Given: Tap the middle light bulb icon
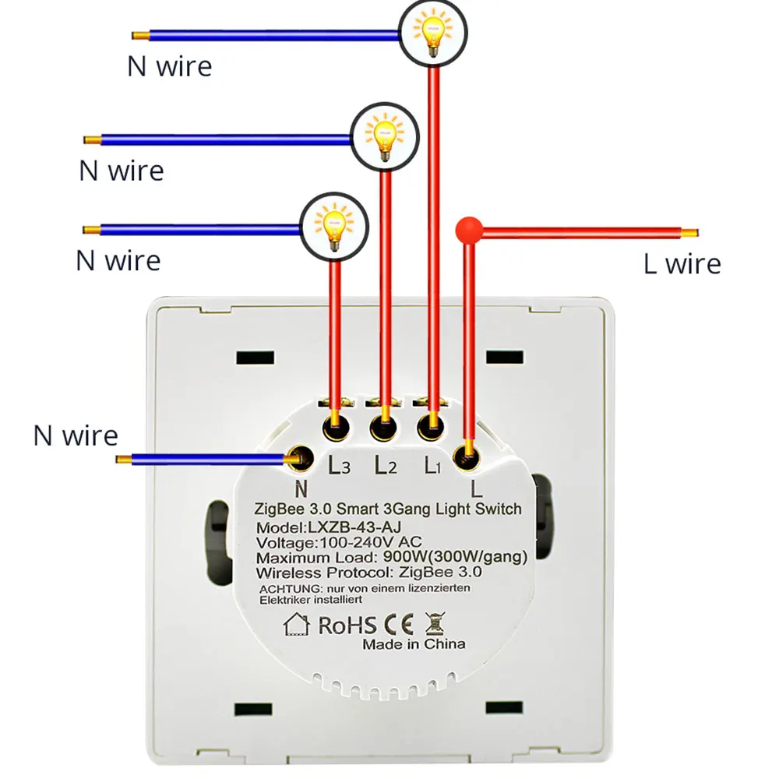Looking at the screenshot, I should click(x=383, y=137).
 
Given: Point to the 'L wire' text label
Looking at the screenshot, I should click(x=682, y=264).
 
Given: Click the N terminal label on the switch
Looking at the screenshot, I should click(x=301, y=488).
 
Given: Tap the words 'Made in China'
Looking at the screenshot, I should click(x=414, y=643).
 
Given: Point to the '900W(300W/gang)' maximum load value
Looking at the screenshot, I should click(x=456, y=557).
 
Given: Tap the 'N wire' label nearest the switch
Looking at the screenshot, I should click(x=75, y=435).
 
